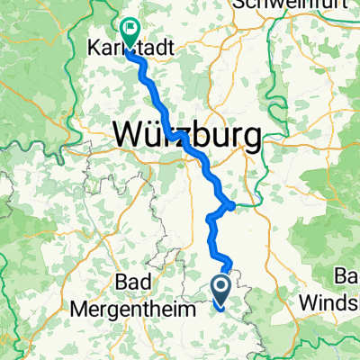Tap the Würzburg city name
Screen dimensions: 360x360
point(188,135)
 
